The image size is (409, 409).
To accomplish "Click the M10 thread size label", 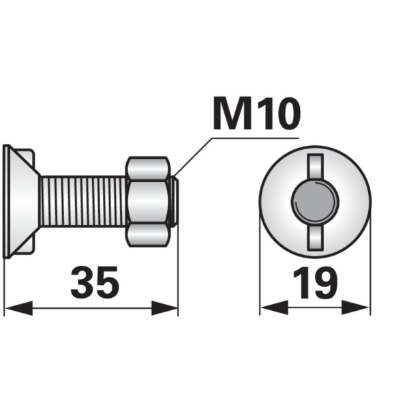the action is pyautogui.click(x=257, y=113).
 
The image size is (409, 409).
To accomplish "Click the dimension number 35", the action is pyautogui.click(x=95, y=282).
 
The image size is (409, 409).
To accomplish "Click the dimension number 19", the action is pyautogui.click(x=316, y=282).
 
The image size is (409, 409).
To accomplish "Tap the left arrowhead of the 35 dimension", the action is pyautogui.click(x=19, y=308).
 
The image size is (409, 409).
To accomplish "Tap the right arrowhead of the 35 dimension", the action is pyautogui.click(x=164, y=308).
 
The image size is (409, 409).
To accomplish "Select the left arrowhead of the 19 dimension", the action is pyautogui.click(x=275, y=307).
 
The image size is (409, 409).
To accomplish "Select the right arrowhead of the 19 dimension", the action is pyautogui.click(x=355, y=307).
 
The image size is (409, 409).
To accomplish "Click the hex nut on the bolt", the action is pyautogui.click(x=148, y=202).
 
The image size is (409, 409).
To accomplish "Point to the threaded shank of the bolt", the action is pyautogui.click(x=83, y=201).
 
